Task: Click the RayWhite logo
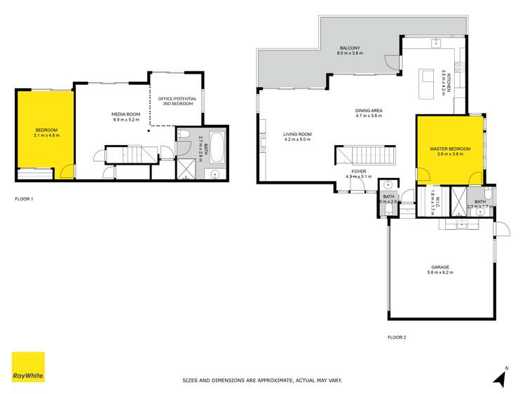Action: tap(28, 367)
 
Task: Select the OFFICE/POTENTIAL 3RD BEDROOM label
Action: tap(177, 101)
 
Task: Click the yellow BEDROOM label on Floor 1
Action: tap(47, 132)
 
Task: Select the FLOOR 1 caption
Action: tap(24, 199)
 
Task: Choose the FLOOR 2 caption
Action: tap(397, 337)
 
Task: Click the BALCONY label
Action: tap(348, 51)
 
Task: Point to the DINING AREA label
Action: tap(368, 112)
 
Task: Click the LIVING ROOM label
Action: tap(297, 136)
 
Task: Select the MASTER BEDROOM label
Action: tap(450, 151)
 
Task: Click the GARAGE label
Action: tap(440, 269)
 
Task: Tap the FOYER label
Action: tap(359, 172)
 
